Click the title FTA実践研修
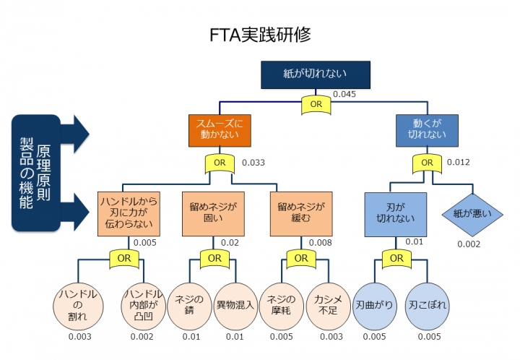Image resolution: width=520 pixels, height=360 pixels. coord(260,34)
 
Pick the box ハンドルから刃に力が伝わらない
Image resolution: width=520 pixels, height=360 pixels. coord(129,214)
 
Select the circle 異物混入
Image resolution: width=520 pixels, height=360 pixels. coord(235,304)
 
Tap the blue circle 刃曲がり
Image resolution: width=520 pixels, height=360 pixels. coord(374,304)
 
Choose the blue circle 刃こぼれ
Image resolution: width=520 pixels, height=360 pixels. coord(427,304)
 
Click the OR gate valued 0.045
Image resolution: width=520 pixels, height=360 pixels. coord(316,103)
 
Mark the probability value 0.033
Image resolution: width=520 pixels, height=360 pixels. coord(253,163)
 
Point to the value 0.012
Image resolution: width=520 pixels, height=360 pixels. coord(459,163)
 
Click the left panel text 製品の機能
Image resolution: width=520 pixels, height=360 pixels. coord(27,173)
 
